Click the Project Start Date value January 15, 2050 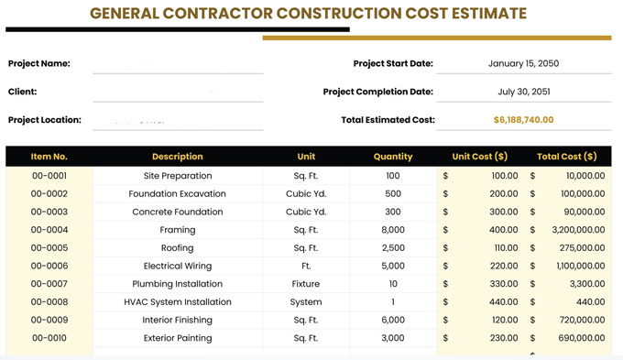click(x=523, y=64)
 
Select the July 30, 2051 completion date click(x=523, y=92)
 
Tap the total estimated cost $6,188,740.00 click(x=523, y=120)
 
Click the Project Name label click(x=39, y=64)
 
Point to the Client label click(x=23, y=92)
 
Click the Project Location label click(x=45, y=120)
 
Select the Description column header click(x=178, y=157)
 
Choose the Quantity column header click(x=393, y=157)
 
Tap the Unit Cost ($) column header click(x=479, y=157)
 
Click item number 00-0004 click(x=49, y=230)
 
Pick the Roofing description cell click(x=178, y=248)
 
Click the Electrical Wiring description click(x=178, y=266)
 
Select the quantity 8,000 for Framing click(x=393, y=230)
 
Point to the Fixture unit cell click(x=306, y=284)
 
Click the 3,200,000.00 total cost click(x=578, y=230)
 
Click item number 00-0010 click(x=49, y=338)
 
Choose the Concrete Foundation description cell click(x=178, y=212)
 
